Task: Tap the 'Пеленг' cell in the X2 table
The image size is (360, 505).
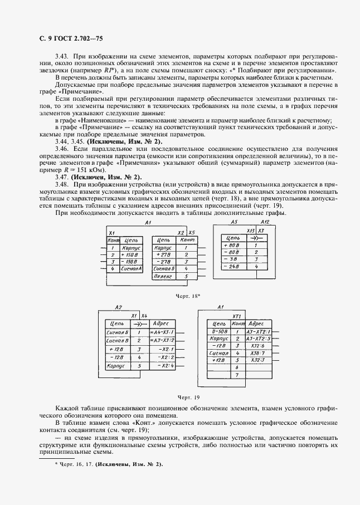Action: tap(163, 276)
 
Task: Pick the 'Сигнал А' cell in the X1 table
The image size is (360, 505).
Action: tap(132, 268)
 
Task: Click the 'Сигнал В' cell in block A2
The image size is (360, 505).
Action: tap(118, 340)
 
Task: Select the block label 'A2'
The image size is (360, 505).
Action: tap(118, 307)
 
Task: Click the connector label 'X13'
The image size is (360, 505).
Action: tap(250, 230)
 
